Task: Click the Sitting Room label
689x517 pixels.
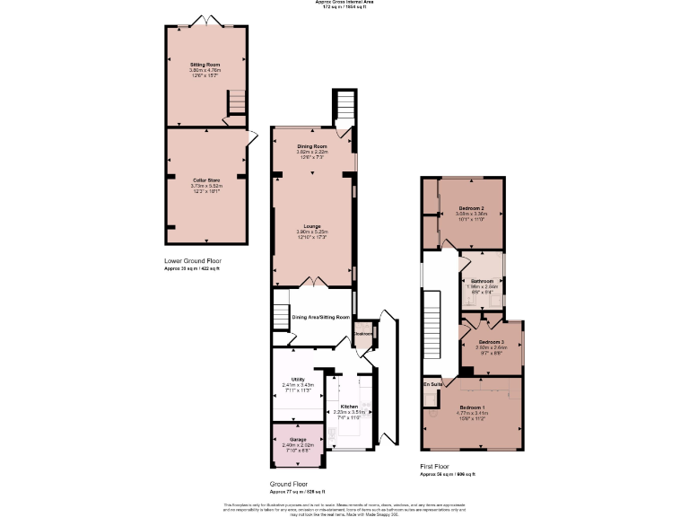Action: pyautogui.click(x=205, y=65)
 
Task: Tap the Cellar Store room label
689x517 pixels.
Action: pyautogui.click(x=205, y=180)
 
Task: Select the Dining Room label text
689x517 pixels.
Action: pyautogui.click(x=312, y=146)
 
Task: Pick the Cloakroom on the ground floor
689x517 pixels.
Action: pyautogui.click(x=363, y=334)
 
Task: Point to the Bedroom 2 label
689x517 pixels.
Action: pyautogui.click(x=471, y=208)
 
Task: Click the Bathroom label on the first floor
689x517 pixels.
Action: pyautogui.click(x=482, y=281)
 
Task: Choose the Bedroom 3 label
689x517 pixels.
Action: pyautogui.click(x=490, y=342)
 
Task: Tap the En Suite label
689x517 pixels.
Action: pyautogui.click(x=432, y=384)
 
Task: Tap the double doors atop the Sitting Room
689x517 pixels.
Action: pyautogui.click(x=205, y=22)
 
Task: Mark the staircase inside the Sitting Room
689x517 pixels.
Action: pyautogui.click(x=236, y=103)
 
